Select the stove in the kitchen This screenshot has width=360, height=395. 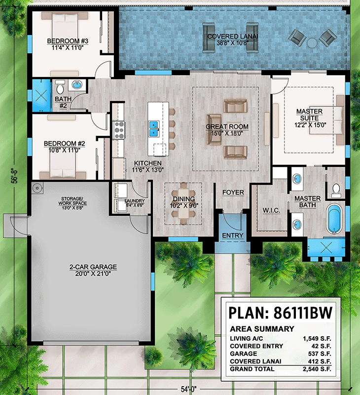click(x=119, y=129)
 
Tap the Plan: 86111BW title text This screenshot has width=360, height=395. click(x=280, y=313)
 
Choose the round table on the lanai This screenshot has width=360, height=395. click(x=312, y=43)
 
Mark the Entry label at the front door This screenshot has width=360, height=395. click(x=232, y=236)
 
